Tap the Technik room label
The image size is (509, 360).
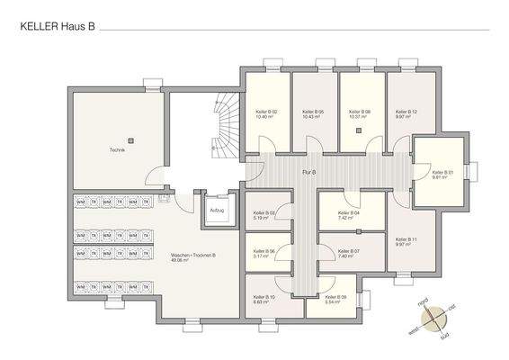[x=118, y=150]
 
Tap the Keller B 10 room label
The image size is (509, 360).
[x=264, y=299]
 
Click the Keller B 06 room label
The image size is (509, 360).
[x=263, y=254]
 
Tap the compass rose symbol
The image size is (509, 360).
[x=434, y=316]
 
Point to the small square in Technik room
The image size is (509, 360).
[x=131, y=139]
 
